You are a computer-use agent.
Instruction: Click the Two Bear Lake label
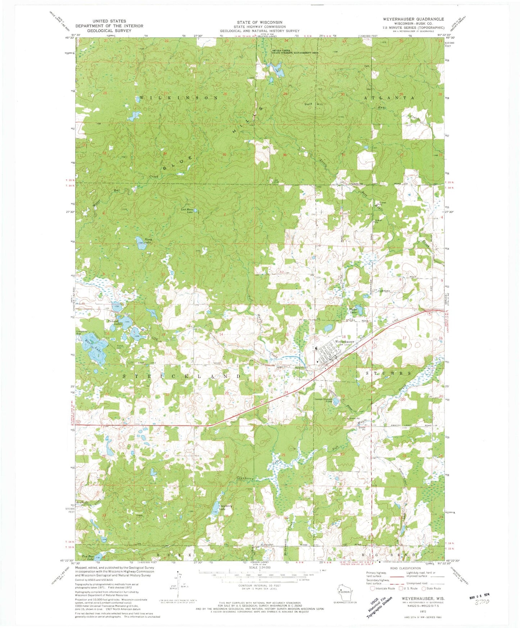click(88, 558)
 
